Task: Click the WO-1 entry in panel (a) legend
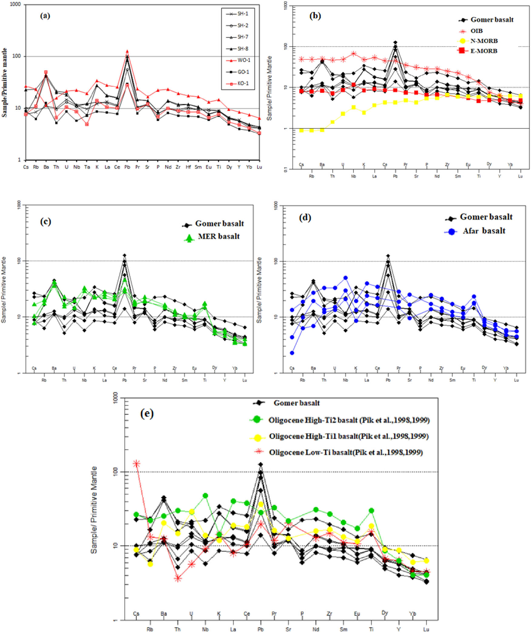[x=244, y=60]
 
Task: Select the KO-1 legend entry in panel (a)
[x=243, y=83]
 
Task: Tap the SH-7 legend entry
[x=243, y=37]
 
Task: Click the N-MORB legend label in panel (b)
[x=484, y=41]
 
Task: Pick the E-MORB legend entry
[x=484, y=51]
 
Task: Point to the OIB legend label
[x=476, y=31]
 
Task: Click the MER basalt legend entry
[x=218, y=237]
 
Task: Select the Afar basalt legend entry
[x=484, y=231]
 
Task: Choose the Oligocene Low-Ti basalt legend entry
[x=346, y=452]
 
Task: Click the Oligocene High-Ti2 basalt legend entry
[x=349, y=420]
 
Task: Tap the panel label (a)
[x=45, y=16]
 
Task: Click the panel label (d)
[x=305, y=218]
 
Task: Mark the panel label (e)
[x=147, y=414]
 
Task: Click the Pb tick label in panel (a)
[x=127, y=167]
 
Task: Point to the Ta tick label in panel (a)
[x=87, y=167]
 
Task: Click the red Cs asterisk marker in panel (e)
[x=137, y=464]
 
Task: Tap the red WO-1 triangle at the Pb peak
[x=127, y=51]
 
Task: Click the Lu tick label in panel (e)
[x=426, y=629]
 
